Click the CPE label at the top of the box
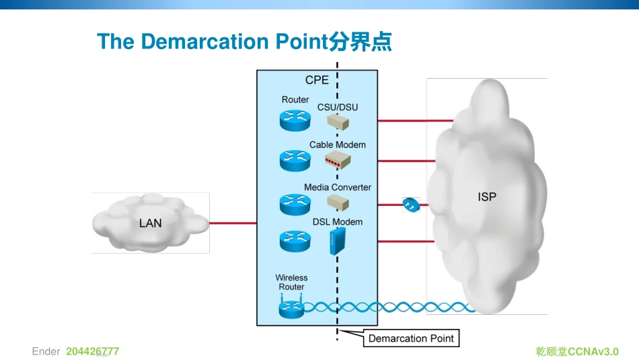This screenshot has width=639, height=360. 317,80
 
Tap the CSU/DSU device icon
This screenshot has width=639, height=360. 338,121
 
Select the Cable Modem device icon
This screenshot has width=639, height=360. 338,159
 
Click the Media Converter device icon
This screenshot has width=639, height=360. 338,201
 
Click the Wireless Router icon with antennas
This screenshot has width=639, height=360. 292,307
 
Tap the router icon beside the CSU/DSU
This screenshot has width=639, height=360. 295,120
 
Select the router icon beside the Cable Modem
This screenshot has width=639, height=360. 295,160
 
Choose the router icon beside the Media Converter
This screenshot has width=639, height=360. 295,203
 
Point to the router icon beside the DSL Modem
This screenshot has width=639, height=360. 295,240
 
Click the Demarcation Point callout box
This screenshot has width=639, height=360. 411,338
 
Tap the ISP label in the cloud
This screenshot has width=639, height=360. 487,197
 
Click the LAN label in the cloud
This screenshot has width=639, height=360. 150,223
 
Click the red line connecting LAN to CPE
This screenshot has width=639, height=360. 233,223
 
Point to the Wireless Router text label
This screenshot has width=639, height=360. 291,282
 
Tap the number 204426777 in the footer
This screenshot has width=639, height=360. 92,351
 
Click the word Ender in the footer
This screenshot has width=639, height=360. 46,351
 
